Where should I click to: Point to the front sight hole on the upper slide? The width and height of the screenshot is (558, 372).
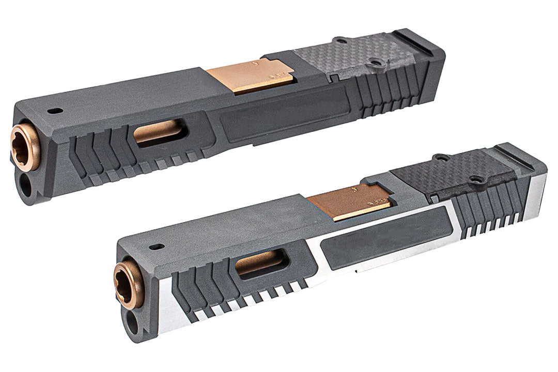pyautogui.click(x=53, y=110)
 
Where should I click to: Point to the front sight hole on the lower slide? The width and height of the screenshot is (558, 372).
pyautogui.click(x=156, y=247)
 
